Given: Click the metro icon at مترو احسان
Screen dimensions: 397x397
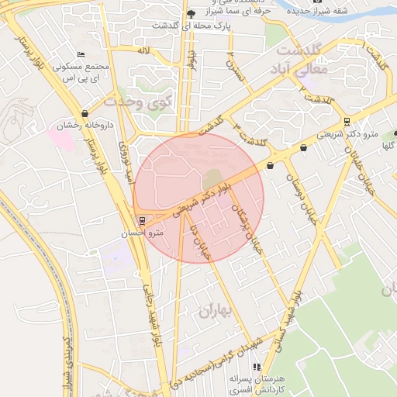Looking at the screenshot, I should pos(140,219).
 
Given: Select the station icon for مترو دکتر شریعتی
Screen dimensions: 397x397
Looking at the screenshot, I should pos(346,121).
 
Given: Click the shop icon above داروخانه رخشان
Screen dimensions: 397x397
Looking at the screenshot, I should pos(85,112).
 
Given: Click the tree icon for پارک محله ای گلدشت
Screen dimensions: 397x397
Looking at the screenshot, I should pos(191,15).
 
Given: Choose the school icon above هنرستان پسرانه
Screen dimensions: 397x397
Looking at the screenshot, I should pos(256,367).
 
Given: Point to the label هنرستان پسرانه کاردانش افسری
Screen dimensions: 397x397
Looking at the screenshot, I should pos(257,382).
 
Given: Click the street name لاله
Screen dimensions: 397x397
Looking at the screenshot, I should pos(143,50).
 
